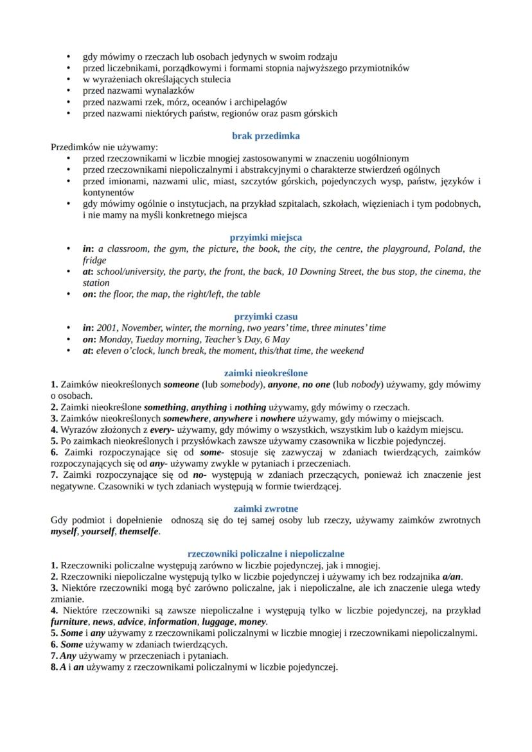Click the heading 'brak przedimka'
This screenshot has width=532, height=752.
265,136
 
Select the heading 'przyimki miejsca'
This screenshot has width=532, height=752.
265,238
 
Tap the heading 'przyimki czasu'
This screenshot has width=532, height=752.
265,317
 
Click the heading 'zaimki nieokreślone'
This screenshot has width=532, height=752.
265,372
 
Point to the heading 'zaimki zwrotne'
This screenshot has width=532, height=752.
265,509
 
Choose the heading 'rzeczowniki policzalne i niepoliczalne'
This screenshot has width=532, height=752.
265,554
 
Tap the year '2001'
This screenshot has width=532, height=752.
107,328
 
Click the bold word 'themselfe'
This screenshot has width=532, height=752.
136,532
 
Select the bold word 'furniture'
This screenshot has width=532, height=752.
69,622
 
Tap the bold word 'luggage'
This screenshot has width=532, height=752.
219,622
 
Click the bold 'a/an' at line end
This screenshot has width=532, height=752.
453,577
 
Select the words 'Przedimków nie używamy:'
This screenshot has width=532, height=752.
104,147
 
